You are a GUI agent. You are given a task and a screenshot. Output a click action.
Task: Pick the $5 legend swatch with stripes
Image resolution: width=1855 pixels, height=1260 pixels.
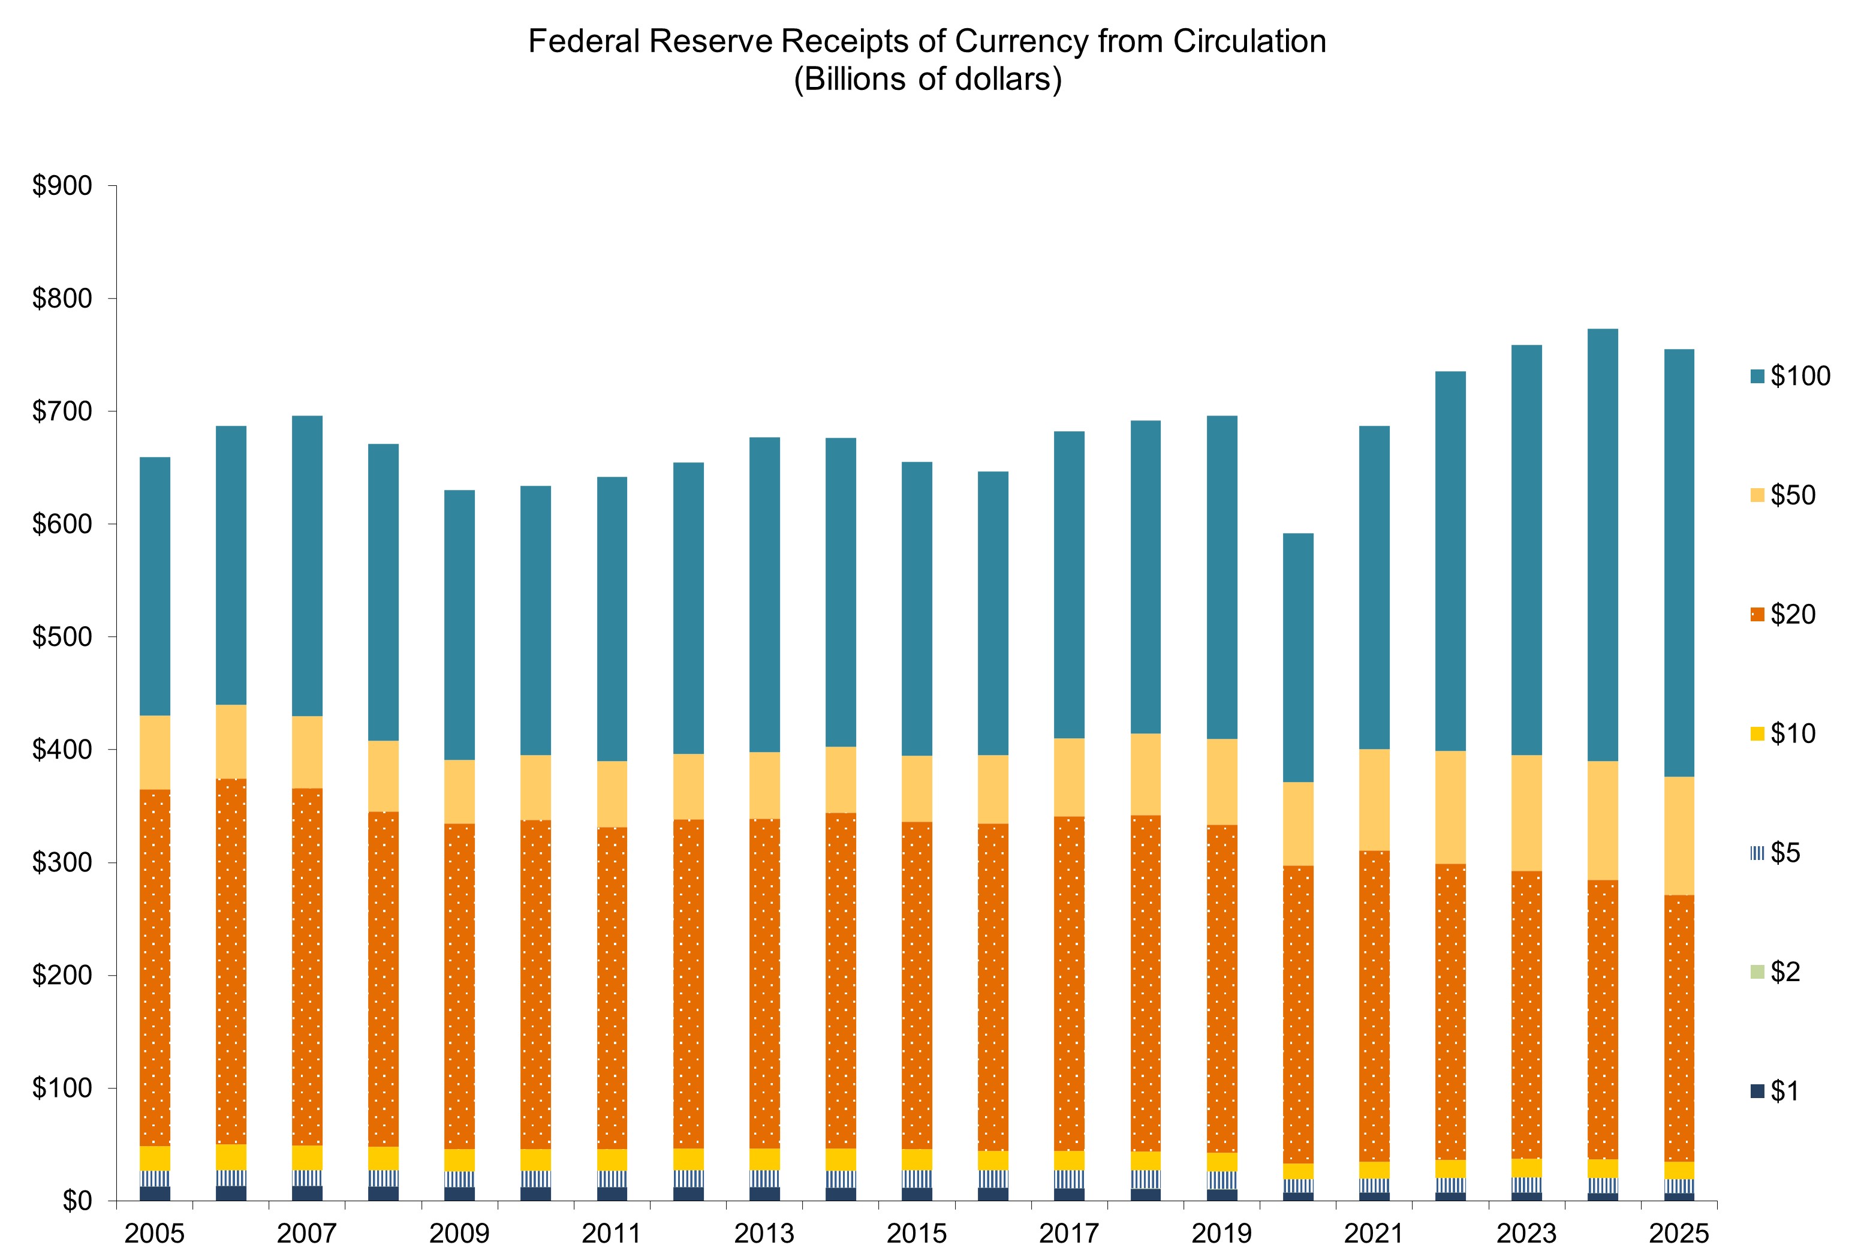1757,853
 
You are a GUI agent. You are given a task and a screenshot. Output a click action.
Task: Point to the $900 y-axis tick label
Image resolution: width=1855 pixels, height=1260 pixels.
62,186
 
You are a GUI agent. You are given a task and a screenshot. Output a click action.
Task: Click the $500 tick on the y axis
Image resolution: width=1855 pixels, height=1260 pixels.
62,637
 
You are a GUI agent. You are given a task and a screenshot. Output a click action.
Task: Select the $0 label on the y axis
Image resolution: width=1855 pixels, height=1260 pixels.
77,1201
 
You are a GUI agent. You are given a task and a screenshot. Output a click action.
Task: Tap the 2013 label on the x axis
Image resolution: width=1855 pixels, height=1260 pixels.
764,1234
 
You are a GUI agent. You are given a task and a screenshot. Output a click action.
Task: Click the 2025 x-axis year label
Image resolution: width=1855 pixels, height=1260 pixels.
1679,1234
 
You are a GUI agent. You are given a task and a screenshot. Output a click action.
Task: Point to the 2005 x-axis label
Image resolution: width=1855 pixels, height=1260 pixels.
154,1234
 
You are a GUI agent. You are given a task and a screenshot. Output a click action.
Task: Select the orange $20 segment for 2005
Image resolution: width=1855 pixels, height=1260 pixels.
155,967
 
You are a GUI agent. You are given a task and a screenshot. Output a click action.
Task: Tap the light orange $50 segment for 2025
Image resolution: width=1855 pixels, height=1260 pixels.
1679,835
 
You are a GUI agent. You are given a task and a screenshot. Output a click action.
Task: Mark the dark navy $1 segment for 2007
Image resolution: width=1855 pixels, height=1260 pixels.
308,1193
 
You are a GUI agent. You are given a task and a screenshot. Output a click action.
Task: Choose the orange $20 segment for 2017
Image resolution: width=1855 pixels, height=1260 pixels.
1070,983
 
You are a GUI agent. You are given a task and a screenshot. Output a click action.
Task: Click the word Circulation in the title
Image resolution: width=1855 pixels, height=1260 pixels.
1249,41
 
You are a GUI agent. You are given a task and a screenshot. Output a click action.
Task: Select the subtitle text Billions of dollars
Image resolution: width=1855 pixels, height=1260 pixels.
927,79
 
